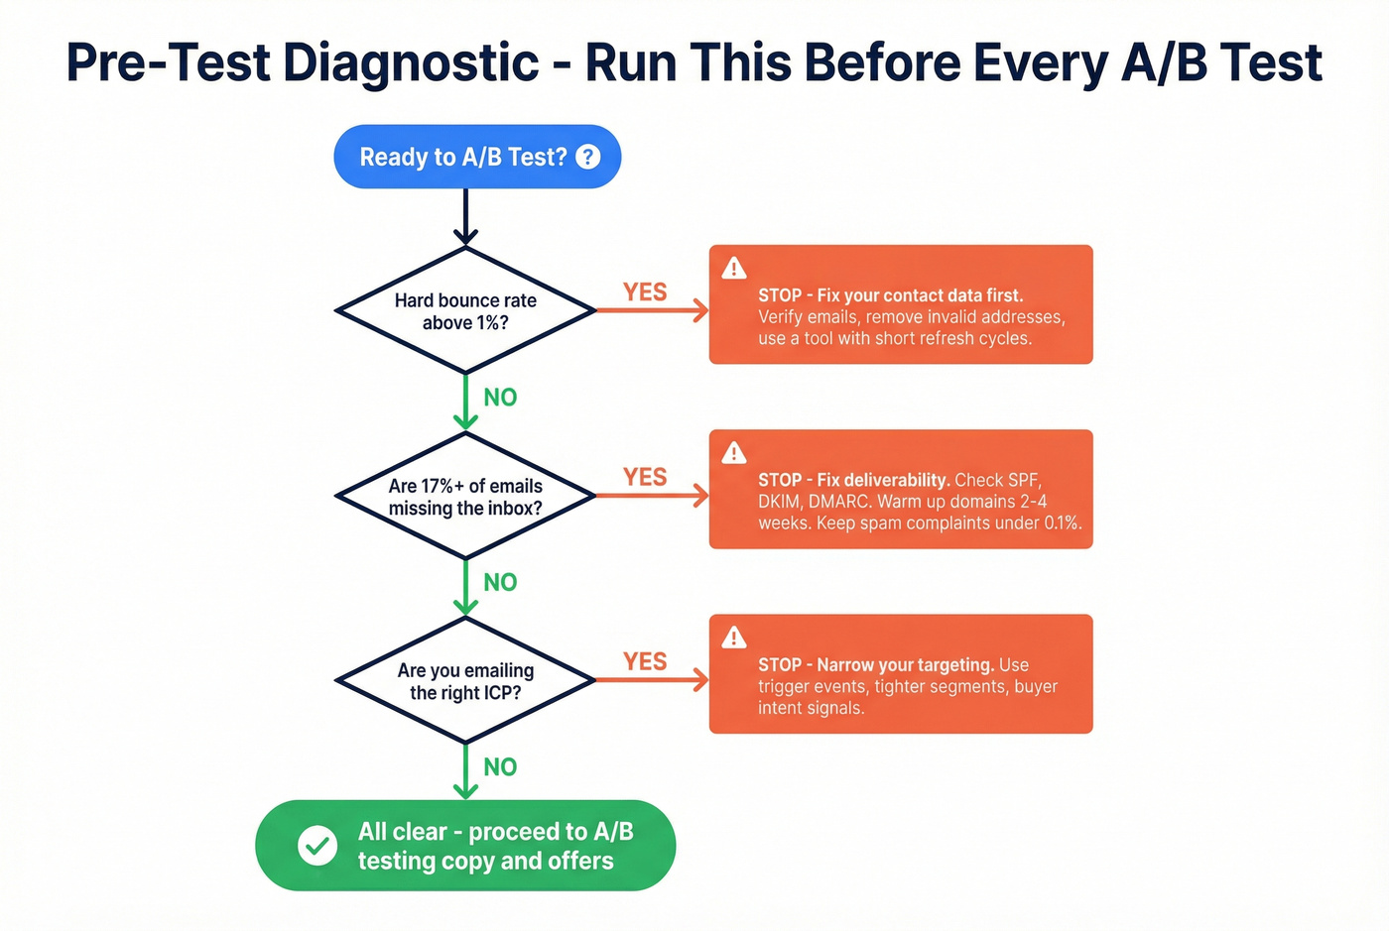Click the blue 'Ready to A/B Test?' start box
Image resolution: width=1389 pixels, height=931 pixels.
coord(462,157)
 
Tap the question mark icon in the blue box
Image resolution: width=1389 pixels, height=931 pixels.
coord(588,156)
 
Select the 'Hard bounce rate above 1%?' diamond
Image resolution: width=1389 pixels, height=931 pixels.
coord(465,311)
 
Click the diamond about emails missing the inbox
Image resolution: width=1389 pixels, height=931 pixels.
coord(465,496)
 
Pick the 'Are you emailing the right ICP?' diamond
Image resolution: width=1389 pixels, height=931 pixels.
coord(465,681)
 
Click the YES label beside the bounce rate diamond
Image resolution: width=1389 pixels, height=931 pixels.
coord(645,292)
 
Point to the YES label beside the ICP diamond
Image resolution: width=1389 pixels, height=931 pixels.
coord(645,661)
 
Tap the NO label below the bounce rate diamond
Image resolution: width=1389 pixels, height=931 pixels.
coord(500,398)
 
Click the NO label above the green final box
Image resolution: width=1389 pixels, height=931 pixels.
coord(500,766)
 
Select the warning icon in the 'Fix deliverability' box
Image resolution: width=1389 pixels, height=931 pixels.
coord(734,453)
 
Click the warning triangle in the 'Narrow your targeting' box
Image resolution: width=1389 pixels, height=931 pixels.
coord(734,638)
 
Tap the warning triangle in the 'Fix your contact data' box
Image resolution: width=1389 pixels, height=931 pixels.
coord(734,268)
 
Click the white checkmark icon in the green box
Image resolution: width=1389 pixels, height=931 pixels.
coord(317,846)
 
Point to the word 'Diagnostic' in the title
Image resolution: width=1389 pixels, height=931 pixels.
coord(411,63)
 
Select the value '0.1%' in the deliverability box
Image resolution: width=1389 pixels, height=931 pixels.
coord(1062,524)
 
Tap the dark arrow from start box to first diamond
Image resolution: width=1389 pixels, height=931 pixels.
coord(465,216)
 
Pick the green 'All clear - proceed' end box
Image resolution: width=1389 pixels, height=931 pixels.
coord(465,846)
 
